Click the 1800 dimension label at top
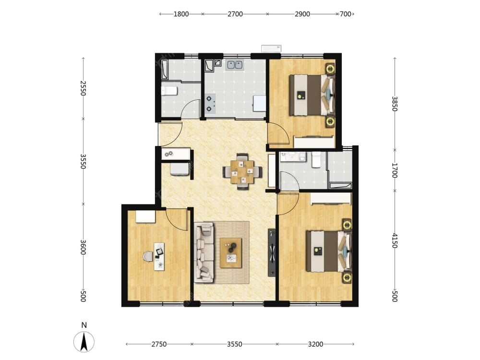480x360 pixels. [181, 14]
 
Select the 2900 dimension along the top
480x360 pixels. [302, 14]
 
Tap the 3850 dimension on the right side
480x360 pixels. [395, 104]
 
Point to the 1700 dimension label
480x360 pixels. [395, 170]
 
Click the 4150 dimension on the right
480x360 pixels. [395, 240]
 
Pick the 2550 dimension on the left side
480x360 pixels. [83, 88]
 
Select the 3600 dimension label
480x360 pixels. [83, 247]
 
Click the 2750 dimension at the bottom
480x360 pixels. [159, 344]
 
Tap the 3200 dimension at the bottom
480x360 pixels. [315, 344]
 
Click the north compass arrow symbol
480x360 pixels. [84, 342]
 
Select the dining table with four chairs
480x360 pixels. [242, 171]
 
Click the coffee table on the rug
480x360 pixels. [231, 253]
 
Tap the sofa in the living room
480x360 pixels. [204, 252]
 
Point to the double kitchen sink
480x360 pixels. [235, 65]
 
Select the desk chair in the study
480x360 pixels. [148, 256]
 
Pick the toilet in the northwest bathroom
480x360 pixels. [169, 91]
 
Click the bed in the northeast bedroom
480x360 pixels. [312, 95]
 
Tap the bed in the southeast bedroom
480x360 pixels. [329, 252]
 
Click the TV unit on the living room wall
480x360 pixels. [272, 252]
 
